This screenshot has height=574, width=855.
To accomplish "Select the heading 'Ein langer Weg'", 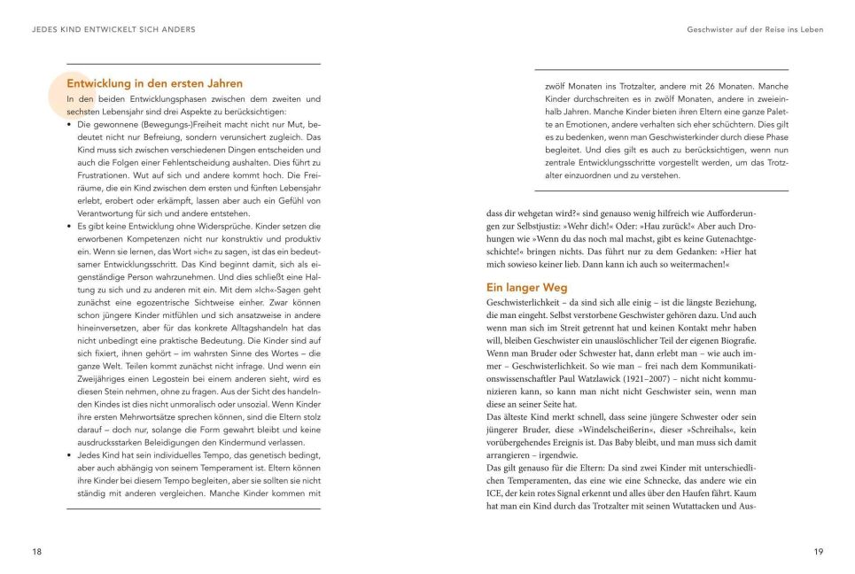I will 527,288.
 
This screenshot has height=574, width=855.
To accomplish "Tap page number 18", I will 36,552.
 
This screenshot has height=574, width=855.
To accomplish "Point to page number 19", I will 818,552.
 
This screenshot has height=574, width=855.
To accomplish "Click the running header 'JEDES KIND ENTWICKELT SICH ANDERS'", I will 113,29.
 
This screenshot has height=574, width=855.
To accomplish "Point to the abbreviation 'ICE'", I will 495,493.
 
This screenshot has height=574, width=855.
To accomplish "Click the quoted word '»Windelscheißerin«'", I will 618,428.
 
